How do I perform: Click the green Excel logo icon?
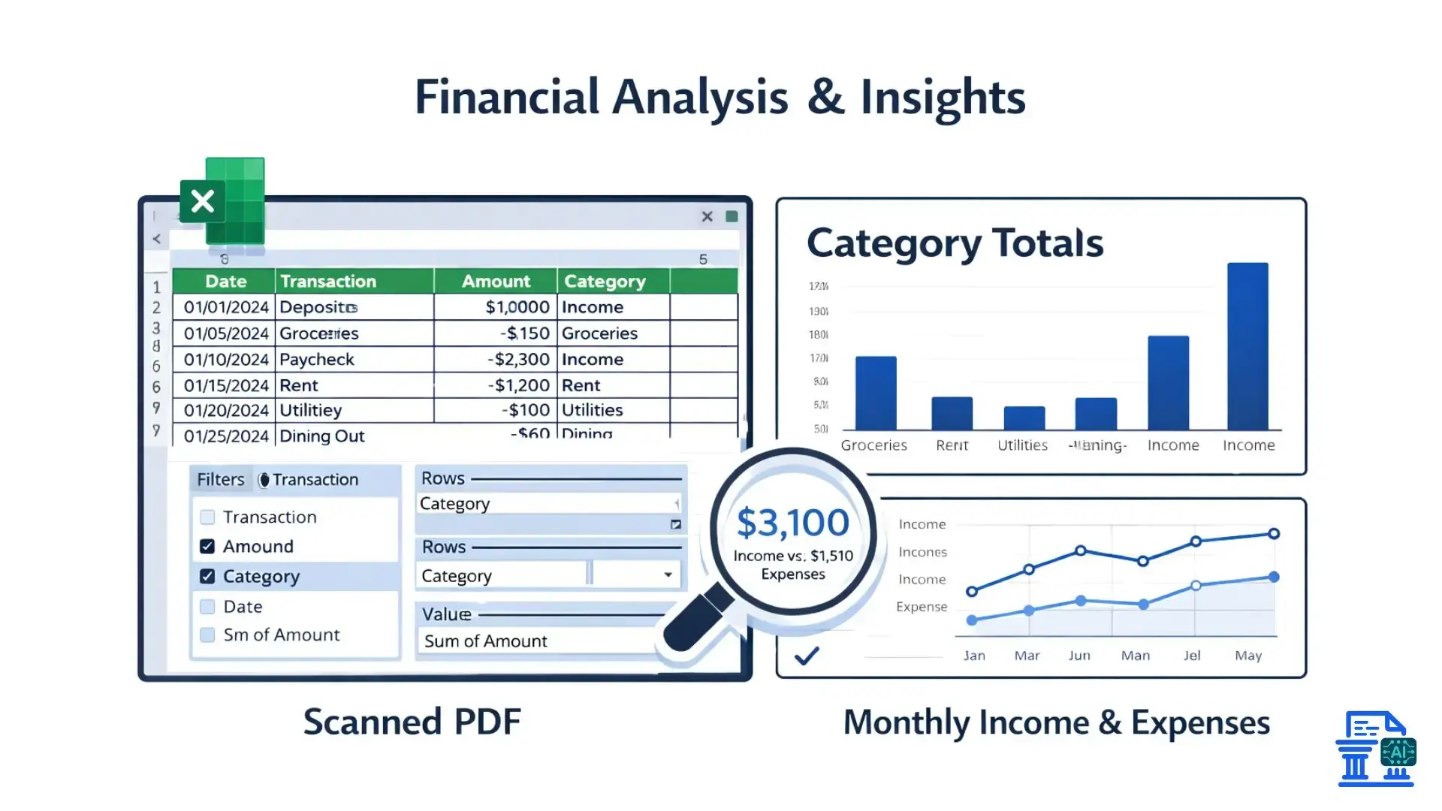(x=223, y=201)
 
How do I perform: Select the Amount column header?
(x=496, y=282)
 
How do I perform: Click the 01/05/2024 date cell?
(x=225, y=333)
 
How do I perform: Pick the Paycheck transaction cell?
(x=316, y=360)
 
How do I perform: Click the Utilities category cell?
(x=593, y=411)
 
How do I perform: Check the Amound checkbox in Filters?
(x=207, y=547)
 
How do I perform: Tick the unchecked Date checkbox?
(x=207, y=607)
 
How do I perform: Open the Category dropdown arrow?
(x=668, y=575)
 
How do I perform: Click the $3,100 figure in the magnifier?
(x=792, y=523)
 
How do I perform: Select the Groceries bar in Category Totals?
(x=876, y=393)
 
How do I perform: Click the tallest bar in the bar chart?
(x=1247, y=346)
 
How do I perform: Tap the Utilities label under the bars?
(x=1022, y=445)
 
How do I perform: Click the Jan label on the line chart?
(x=974, y=656)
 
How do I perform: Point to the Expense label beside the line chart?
(x=922, y=607)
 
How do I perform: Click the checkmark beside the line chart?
(x=807, y=656)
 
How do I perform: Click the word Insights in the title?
(x=943, y=98)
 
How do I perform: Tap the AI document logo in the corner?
(x=1376, y=749)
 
